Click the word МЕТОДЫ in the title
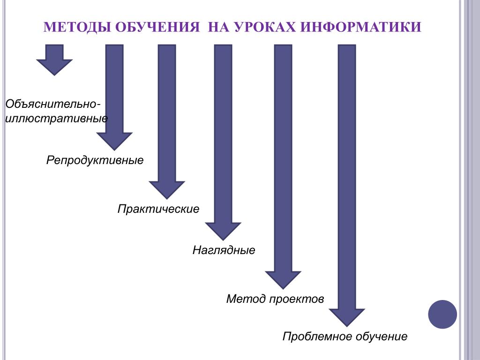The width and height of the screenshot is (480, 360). [77, 27]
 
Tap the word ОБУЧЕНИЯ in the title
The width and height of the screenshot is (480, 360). [157, 27]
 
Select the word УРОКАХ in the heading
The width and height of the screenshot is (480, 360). [265, 27]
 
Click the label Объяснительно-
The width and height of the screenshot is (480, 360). [52, 104]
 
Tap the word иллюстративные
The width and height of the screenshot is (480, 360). [56, 118]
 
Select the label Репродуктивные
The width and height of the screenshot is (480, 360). [95, 160]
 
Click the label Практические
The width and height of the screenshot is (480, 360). [158, 209]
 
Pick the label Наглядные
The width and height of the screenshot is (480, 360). [224, 250]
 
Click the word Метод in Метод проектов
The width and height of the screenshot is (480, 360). [246, 299]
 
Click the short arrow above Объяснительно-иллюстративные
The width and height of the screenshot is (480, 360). [54, 60]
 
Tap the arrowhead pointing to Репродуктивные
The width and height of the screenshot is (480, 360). [114, 141]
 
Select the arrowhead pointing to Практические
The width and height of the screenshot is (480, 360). [167, 190]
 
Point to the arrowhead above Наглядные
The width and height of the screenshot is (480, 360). [223, 231]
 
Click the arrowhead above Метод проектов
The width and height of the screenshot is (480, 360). [283, 280]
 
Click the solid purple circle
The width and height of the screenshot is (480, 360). [442, 315]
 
